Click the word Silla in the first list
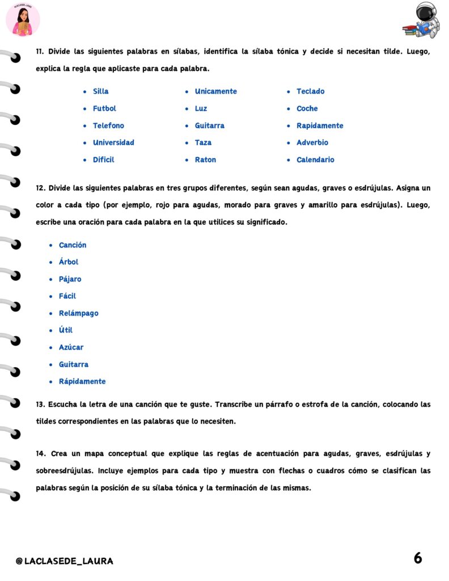(x=100, y=91)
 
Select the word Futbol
(x=104, y=108)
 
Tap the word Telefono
(x=108, y=125)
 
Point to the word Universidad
(x=113, y=142)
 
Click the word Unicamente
(x=215, y=91)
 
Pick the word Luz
(x=201, y=108)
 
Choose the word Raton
(x=205, y=160)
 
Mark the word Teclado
(x=310, y=91)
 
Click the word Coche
(x=307, y=108)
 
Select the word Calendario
(x=315, y=160)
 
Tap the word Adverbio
(x=312, y=142)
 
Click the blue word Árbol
(x=69, y=262)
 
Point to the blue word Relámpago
(x=78, y=313)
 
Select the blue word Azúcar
(x=71, y=347)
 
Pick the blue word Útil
(x=66, y=330)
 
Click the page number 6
(x=418, y=558)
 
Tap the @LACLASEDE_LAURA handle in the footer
(x=64, y=561)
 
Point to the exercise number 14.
(x=40, y=454)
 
